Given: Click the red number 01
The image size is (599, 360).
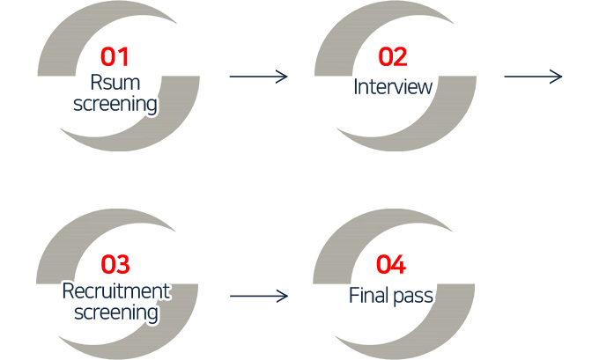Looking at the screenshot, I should [115, 57].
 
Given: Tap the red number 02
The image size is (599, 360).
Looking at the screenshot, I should [393, 57].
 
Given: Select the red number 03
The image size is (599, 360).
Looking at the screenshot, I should [115, 264].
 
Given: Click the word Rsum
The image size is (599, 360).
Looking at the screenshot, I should [115, 84].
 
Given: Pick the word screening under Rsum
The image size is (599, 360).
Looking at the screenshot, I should [115, 106].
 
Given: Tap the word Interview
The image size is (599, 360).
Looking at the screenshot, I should [393, 87].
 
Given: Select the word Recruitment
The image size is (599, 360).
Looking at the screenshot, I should [115, 291].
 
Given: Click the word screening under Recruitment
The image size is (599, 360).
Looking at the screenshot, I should [115, 312].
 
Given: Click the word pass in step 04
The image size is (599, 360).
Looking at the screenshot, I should [414, 296].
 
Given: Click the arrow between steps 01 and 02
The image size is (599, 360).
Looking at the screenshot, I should [258, 77].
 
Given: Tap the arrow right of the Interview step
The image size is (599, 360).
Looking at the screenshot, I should [533, 77].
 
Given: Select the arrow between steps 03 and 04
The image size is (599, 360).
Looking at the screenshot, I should [258, 296].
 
